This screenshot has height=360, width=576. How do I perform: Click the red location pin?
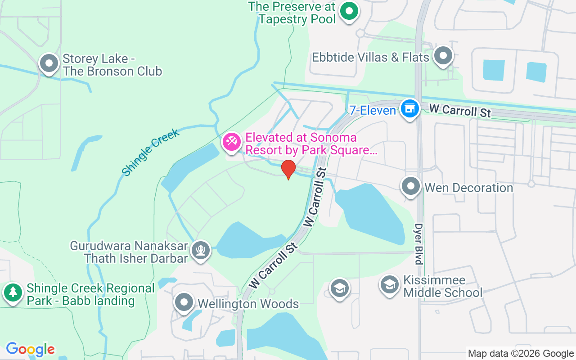288,169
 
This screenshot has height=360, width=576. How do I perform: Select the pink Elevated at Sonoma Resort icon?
232,142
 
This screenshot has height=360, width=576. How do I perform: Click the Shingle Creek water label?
151,152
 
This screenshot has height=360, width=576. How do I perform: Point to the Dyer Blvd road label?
419,243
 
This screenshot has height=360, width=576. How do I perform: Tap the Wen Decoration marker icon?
410,187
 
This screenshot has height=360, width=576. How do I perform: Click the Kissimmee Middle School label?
442,286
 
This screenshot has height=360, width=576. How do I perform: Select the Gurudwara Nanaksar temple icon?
201,250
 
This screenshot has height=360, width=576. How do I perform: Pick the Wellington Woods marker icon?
184,303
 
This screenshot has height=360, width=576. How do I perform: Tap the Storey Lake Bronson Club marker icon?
49,63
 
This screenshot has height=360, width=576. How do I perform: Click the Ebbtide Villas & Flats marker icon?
444,56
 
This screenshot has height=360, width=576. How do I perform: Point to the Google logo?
30,349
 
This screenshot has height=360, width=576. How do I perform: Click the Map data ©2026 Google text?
521,354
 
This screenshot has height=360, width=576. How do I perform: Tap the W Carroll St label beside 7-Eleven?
459,110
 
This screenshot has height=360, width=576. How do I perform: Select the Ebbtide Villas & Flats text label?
370,58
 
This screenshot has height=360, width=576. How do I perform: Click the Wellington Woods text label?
248,304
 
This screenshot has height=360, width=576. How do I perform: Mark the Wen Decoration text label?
468,188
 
